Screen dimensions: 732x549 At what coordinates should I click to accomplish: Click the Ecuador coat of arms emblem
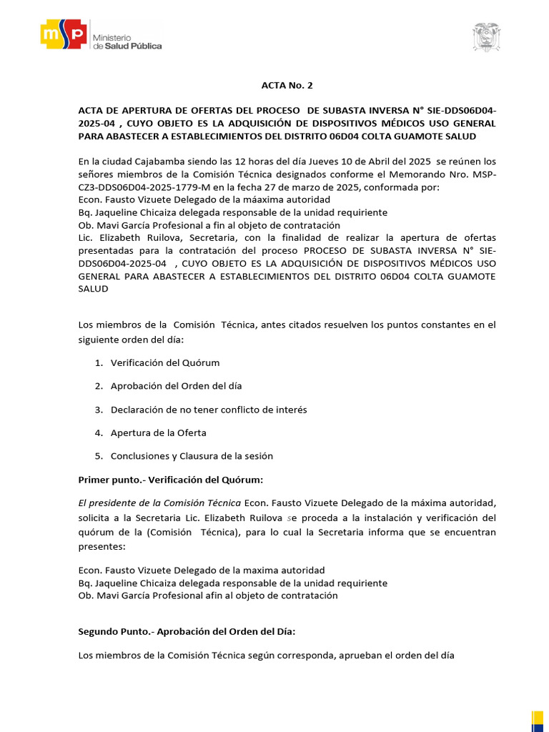(x=487, y=37)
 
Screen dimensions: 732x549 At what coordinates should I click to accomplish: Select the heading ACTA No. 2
(x=286, y=85)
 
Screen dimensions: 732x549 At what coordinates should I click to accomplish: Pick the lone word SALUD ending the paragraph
(x=93, y=289)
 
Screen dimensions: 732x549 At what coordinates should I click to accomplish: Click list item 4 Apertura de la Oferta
(x=158, y=432)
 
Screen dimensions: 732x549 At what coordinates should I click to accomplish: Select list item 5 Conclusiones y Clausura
(x=191, y=455)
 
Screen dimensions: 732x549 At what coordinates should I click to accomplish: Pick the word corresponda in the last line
(x=312, y=656)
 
